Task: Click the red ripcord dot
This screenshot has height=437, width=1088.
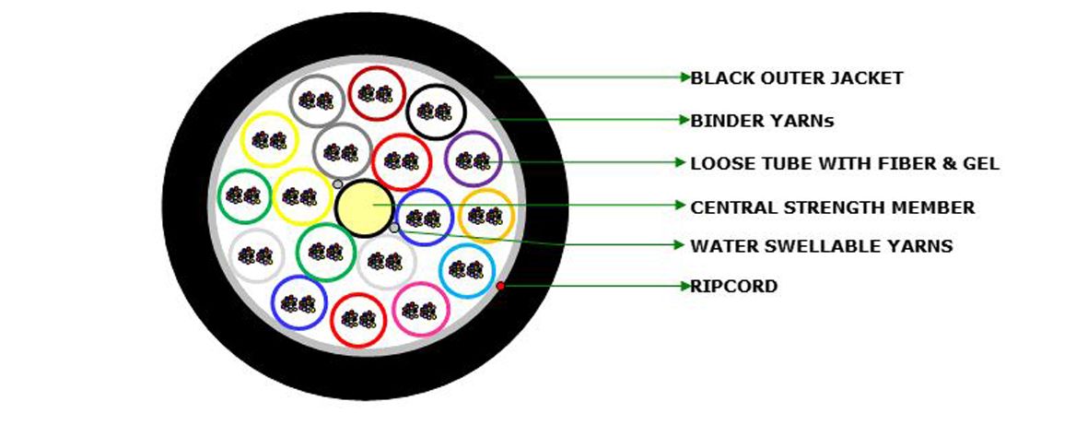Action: click(x=500, y=286)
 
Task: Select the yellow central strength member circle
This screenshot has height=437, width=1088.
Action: click(x=364, y=207)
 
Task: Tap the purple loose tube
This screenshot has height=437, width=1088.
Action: click(x=474, y=159)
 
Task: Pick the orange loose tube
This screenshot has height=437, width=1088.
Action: click(x=486, y=216)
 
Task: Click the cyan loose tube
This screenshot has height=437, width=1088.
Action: click(x=468, y=270)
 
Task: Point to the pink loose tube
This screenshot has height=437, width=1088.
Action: click(x=420, y=309)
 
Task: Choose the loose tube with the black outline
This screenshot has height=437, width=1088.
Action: click(x=435, y=112)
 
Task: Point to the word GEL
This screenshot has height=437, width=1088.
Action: click(x=981, y=164)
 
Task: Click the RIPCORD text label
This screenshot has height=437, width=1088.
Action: click(x=734, y=286)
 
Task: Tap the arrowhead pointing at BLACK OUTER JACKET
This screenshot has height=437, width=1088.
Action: click(x=686, y=77)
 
